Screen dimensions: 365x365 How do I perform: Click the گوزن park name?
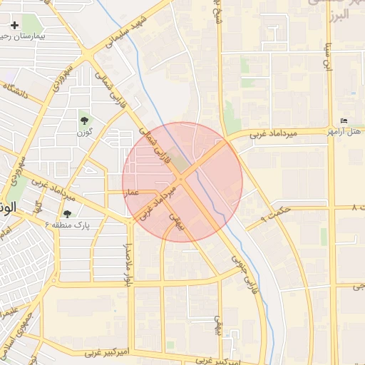(x=86, y=132)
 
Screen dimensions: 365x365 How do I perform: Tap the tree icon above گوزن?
(x=86, y=120)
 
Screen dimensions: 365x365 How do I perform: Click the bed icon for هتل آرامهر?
(x=344, y=120)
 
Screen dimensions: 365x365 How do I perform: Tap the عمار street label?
(x=132, y=192)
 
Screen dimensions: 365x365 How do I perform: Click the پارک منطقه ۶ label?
(x=71, y=225)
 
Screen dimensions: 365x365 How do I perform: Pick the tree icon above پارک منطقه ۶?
(x=67, y=213)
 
